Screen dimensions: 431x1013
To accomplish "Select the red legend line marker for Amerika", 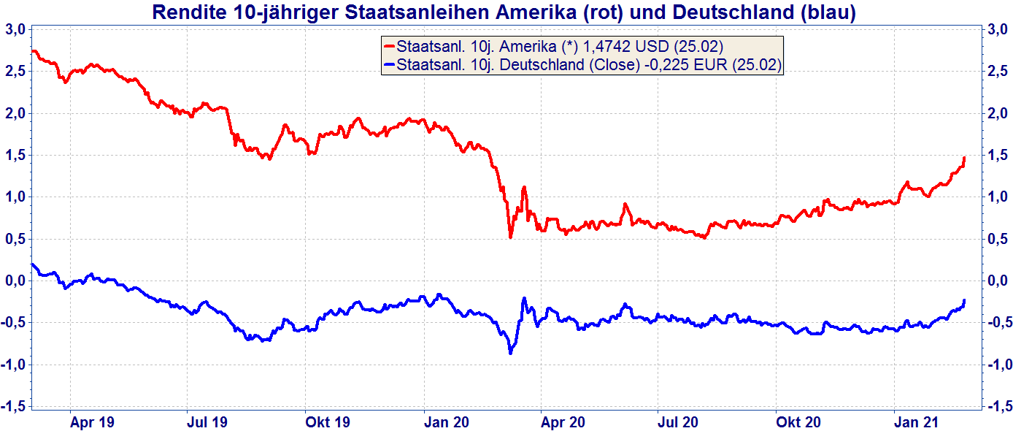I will coord(389,46).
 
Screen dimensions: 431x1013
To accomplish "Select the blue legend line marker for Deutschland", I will coord(389,65).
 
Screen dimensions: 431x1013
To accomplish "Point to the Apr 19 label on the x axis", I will coord(92,422).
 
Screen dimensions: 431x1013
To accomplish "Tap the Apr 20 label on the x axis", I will coord(563,422).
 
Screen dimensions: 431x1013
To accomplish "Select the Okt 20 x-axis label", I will coord(798,422).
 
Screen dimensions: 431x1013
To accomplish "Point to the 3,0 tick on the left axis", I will coord(15,29).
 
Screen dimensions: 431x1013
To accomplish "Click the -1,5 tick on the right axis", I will coord(998,406).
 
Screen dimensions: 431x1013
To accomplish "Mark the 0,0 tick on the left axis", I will coord(15,281).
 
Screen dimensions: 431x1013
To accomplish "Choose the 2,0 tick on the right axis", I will coord(998,113).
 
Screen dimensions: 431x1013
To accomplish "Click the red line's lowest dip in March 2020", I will coord(510,237).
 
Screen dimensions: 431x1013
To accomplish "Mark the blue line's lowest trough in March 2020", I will coord(510,353).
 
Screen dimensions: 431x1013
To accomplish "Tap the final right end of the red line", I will coord(964,157).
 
